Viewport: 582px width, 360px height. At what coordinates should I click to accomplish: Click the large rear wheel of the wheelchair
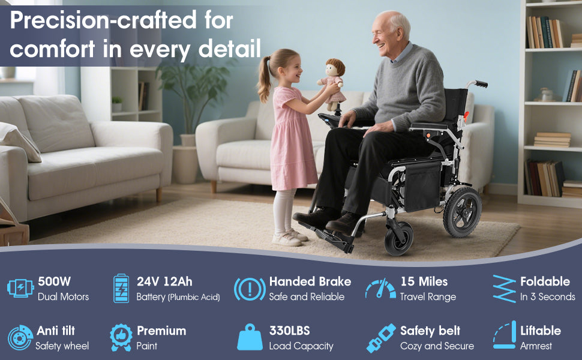pyautogui.click(x=463, y=212)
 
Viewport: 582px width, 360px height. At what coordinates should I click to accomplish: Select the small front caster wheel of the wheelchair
pyautogui.click(x=399, y=239)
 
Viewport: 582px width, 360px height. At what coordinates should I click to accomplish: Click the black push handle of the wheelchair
pyautogui.click(x=479, y=84)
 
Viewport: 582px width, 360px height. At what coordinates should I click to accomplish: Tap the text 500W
pyautogui.click(x=54, y=281)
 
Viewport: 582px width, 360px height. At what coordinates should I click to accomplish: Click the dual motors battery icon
pyautogui.click(x=20, y=288)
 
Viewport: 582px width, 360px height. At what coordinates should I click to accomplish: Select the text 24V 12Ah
pyautogui.click(x=164, y=281)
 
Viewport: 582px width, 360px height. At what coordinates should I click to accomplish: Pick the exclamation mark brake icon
pyautogui.click(x=250, y=289)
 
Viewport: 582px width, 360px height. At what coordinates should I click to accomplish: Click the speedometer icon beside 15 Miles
pyautogui.click(x=380, y=289)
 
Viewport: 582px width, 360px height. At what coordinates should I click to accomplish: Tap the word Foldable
pyautogui.click(x=545, y=281)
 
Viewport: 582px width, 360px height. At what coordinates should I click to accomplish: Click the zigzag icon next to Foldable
pyautogui.click(x=505, y=289)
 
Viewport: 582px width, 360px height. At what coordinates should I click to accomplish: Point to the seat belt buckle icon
pyautogui.click(x=381, y=338)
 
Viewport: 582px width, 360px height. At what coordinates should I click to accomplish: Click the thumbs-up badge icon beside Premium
pyautogui.click(x=121, y=337)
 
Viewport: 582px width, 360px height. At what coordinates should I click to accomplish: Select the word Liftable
pyautogui.click(x=541, y=331)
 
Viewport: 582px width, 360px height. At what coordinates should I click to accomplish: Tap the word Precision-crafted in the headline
pyautogui.click(x=103, y=20)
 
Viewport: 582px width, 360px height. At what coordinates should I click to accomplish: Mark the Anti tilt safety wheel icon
pyautogui.click(x=20, y=338)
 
